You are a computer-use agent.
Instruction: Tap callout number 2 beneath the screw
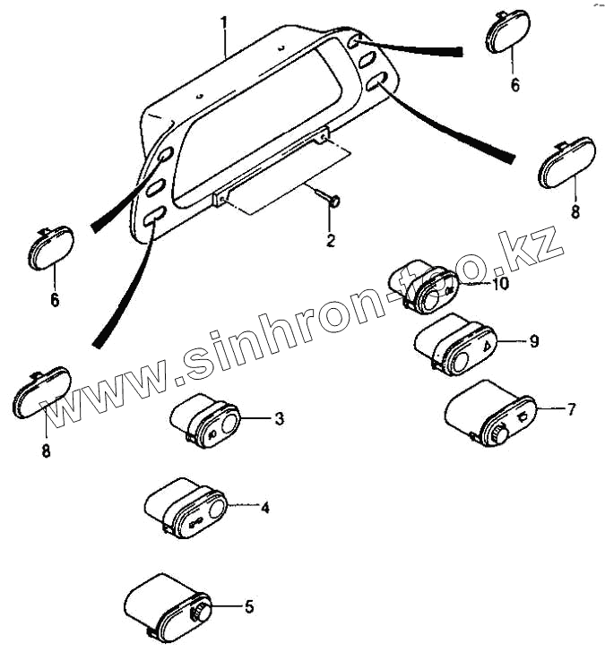pos(330,240)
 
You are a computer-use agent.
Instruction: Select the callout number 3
pos(280,418)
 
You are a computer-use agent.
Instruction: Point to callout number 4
pos(264,508)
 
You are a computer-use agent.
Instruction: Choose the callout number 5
pos(249,606)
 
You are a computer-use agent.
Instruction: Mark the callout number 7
pos(570,409)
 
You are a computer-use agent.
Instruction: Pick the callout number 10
pos(499,284)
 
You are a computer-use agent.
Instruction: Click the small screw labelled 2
pos(332,201)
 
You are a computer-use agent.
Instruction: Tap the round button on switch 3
pos(230,424)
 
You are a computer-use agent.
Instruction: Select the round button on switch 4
pos(217,512)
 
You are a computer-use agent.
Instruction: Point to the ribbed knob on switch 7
pos(497,434)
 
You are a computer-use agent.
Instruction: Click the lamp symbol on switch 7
pos(523,415)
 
